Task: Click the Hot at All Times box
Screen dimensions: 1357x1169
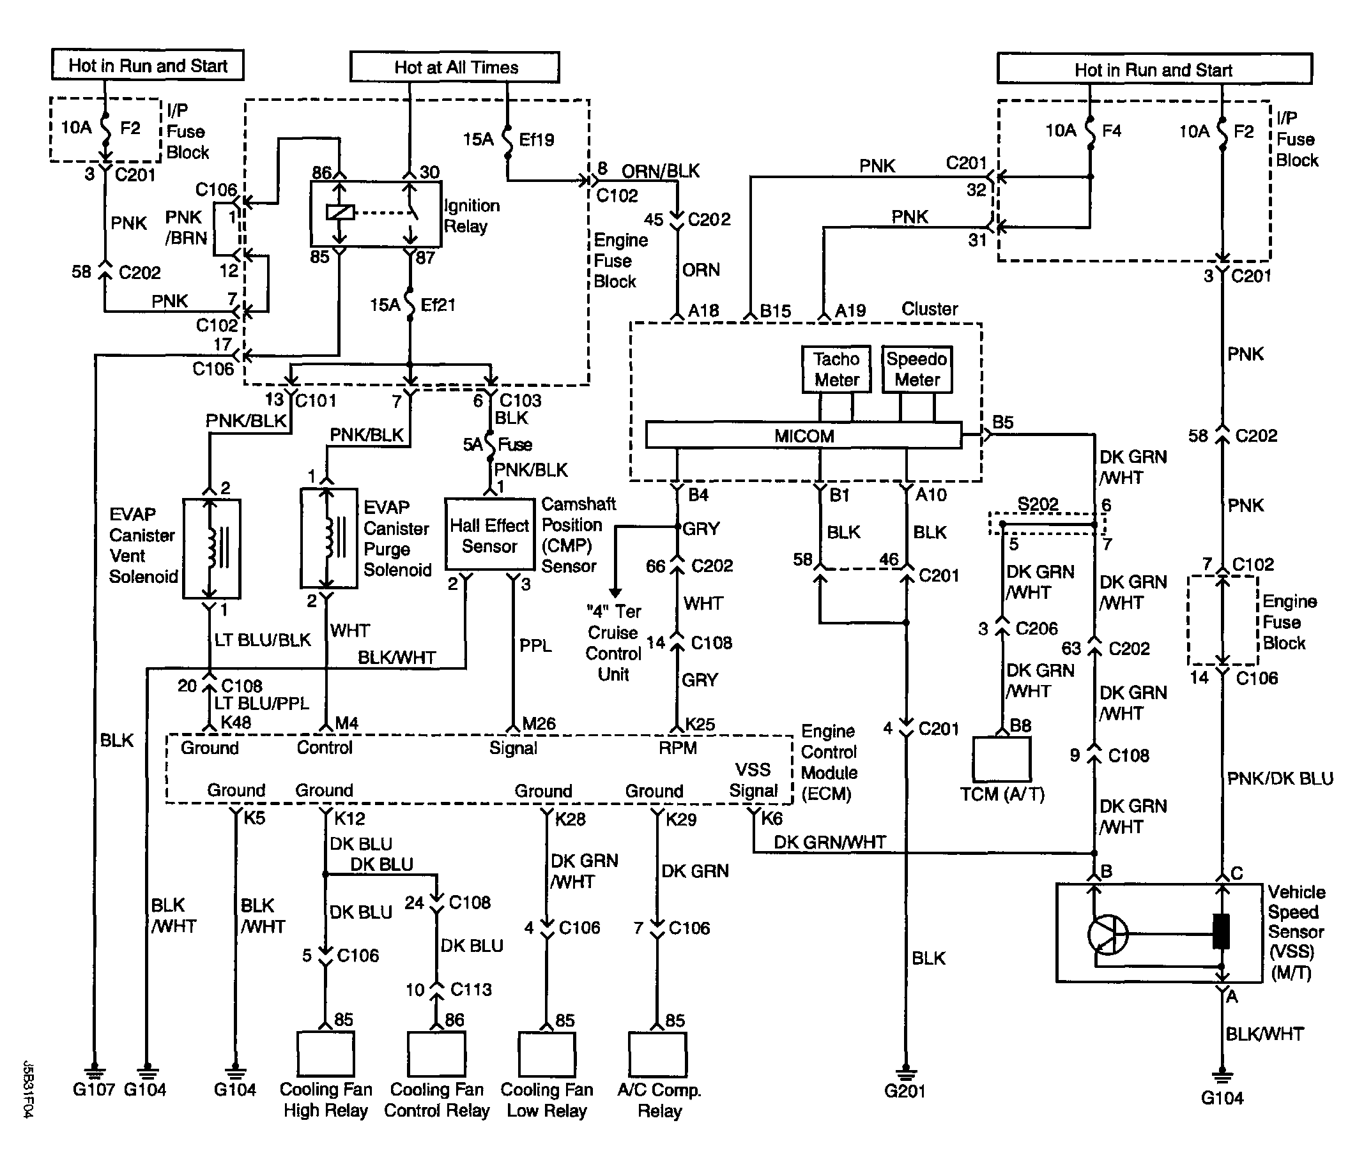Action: coord(454,67)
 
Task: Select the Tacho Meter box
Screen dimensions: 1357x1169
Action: coord(836,369)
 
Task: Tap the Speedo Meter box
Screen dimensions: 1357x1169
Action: coord(917,369)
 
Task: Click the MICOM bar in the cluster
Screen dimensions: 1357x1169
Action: coord(804,436)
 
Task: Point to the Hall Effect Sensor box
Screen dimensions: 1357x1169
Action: coord(489,534)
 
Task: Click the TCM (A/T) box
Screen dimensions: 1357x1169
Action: coord(1001,759)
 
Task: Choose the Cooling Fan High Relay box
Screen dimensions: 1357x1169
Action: coord(325,1054)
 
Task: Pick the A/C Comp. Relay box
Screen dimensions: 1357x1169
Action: coord(657,1054)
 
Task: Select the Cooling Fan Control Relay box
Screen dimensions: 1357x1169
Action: coord(436,1054)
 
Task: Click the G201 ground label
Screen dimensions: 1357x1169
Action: coord(905,1091)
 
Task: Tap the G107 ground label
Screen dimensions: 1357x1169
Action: coord(94,1090)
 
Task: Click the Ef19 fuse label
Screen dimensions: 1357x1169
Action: coord(537,139)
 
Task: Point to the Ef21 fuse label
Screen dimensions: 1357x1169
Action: coord(438,305)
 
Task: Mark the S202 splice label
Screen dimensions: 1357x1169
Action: coord(1038,504)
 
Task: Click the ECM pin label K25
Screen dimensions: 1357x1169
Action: coord(700,725)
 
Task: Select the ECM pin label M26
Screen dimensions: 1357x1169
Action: coord(539,724)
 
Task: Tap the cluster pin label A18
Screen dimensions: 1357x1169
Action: coord(703,311)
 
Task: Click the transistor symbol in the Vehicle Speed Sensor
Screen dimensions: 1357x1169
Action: coord(1107,935)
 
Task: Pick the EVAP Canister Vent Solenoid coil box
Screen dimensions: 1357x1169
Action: coord(211,548)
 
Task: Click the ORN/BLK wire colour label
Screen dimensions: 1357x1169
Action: coord(660,172)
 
